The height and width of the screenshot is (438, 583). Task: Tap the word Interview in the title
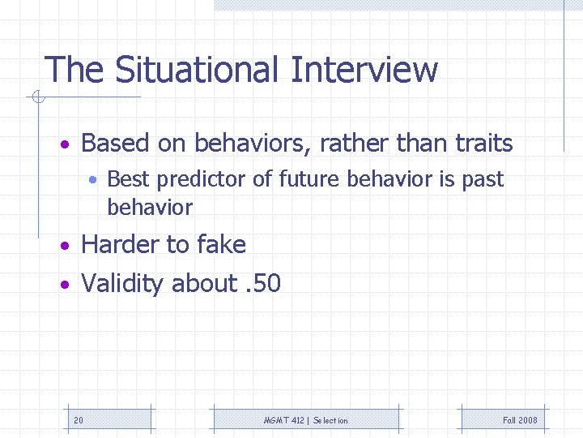(x=364, y=70)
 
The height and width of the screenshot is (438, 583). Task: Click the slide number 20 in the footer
(x=78, y=420)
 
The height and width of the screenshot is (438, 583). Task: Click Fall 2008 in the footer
(x=520, y=420)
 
